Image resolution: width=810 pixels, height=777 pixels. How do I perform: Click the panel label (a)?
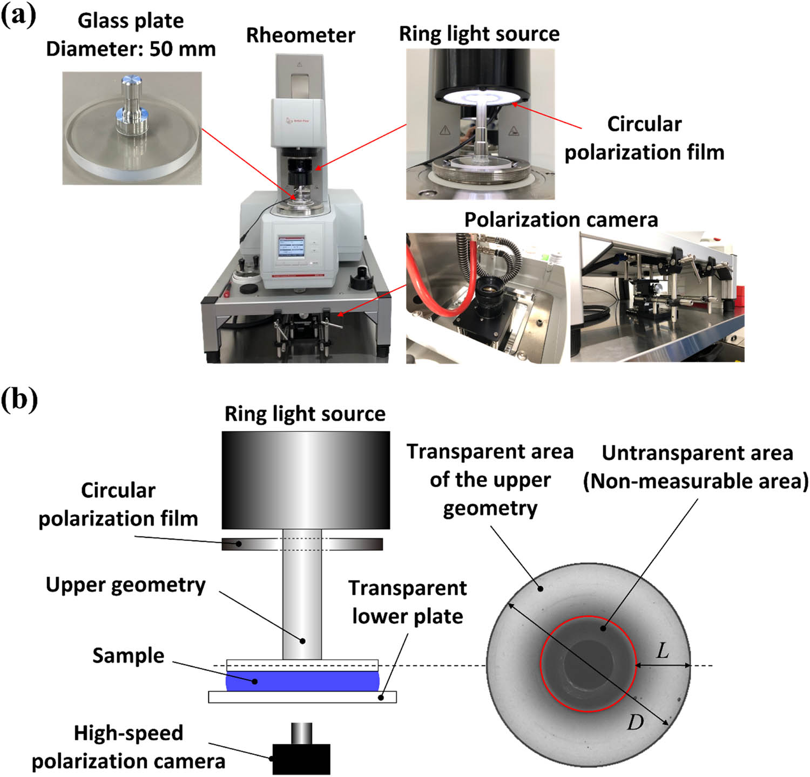(18, 16)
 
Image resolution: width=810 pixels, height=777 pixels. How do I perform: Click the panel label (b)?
(19, 400)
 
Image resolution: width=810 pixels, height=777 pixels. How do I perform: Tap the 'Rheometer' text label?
(300, 36)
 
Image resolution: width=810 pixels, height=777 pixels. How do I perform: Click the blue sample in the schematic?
(302, 681)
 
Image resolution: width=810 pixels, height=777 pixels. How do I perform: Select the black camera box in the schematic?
(301, 759)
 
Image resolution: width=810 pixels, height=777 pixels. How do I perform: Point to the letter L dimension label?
(663, 651)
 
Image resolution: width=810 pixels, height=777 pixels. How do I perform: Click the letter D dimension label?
(635, 721)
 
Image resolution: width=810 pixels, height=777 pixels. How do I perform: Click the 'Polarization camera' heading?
(561, 220)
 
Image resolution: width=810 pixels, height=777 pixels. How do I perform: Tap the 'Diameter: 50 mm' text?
(131, 49)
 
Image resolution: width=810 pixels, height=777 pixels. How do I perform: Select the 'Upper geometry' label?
(125, 585)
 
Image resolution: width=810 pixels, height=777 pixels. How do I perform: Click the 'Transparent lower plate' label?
(408, 602)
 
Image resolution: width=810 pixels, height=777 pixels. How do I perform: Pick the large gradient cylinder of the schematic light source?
(306, 480)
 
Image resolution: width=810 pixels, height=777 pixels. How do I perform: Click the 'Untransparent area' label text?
(697, 453)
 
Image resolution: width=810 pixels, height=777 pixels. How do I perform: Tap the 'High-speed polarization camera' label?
(128, 747)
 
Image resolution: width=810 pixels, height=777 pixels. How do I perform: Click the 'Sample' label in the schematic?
(128, 656)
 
